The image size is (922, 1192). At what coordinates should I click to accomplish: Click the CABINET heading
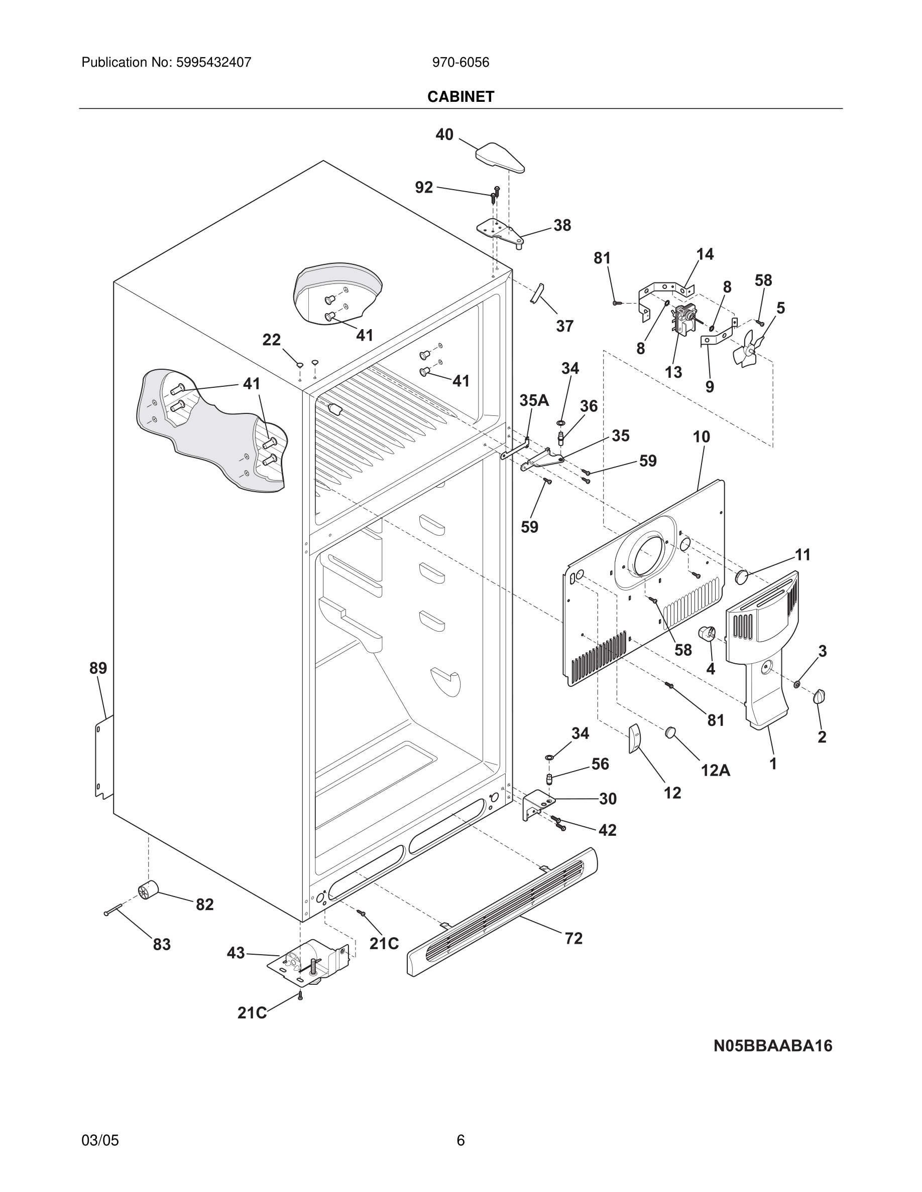460,97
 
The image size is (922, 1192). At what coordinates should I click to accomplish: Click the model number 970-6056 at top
460,63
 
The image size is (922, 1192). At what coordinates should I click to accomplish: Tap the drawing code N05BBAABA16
772,1046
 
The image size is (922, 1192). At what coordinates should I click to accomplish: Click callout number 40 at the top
444,134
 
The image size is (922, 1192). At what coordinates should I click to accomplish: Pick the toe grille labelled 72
503,912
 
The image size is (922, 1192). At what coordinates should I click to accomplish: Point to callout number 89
98,668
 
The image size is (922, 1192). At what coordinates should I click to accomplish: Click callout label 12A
715,770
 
